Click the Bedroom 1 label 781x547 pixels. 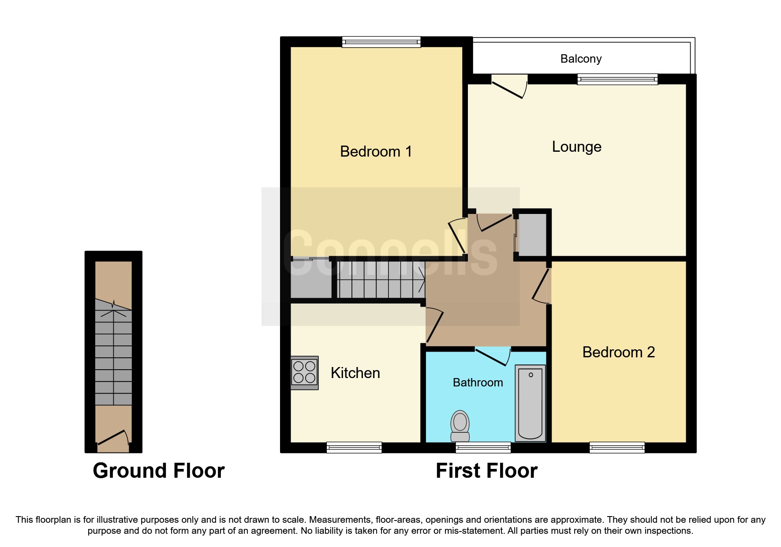click(x=376, y=152)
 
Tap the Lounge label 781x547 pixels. click(x=576, y=147)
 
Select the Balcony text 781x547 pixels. click(x=581, y=59)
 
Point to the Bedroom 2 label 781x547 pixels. click(x=618, y=352)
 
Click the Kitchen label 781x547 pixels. click(x=355, y=373)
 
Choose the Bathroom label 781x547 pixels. click(x=478, y=382)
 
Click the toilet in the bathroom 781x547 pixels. click(x=460, y=425)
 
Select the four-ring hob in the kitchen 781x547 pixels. click(x=304, y=372)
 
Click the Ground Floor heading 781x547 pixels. click(x=159, y=471)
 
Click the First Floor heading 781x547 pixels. click(x=486, y=471)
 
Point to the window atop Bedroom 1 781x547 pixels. click(x=381, y=42)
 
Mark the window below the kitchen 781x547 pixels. click(x=354, y=447)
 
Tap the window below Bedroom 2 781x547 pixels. click(x=617, y=447)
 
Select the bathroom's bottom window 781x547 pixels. click(x=483, y=447)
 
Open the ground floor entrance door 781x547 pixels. click(x=113, y=439)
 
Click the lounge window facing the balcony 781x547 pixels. click(x=617, y=79)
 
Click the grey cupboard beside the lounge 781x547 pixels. click(x=532, y=235)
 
